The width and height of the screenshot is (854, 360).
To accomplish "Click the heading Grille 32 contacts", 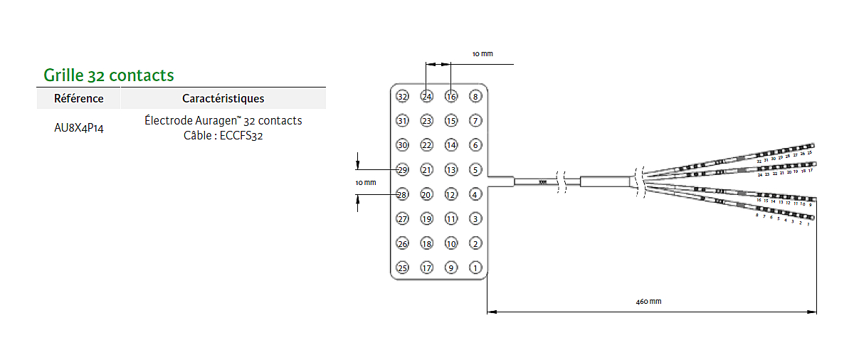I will (x=109, y=75).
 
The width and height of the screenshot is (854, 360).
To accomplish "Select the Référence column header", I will (x=79, y=99).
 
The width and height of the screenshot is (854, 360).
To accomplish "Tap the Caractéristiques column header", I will (x=223, y=99).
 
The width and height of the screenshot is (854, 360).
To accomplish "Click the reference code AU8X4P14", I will (x=79, y=128).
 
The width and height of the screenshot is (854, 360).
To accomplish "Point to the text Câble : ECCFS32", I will (x=223, y=135).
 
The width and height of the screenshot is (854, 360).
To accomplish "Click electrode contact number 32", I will (x=403, y=97).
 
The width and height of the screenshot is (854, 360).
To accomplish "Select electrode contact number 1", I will (x=475, y=268).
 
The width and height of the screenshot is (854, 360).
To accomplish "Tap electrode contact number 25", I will (x=403, y=268).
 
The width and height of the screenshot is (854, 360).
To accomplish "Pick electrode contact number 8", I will (x=475, y=97).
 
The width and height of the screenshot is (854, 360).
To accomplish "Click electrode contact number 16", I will (x=451, y=97).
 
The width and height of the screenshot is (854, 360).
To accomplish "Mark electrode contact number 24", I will (x=427, y=97).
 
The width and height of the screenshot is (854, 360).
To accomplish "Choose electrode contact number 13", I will (x=451, y=170).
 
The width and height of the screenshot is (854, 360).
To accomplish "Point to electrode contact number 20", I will (x=427, y=194).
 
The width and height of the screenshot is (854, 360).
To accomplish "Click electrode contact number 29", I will (x=403, y=170).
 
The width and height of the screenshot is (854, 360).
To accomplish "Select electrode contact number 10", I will (x=451, y=244).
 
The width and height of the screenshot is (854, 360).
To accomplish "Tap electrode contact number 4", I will (x=475, y=194).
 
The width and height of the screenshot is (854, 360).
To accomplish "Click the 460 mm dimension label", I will (x=648, y=302).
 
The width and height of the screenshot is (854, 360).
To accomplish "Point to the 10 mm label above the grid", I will (x=483, y=54).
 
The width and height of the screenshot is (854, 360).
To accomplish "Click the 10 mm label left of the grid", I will (x=365, y=183).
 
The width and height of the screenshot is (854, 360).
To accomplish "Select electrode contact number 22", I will (x=427, y=145).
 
